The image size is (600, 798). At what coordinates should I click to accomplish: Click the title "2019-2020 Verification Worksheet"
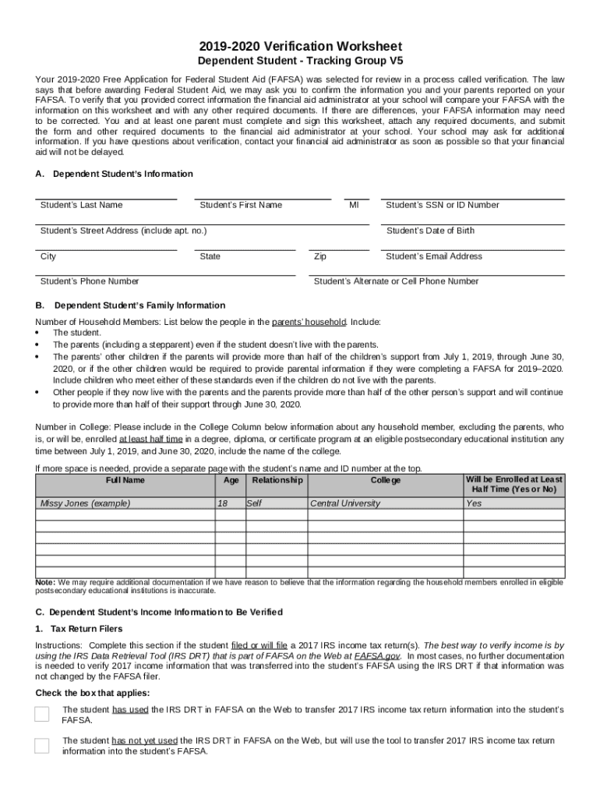click(x=300, y=46)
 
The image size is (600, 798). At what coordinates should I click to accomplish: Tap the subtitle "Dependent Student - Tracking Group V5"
click(x=300, y=61)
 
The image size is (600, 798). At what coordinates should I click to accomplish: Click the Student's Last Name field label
click(x=81, y=205)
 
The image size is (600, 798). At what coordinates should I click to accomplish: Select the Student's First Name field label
click(x=241, y=205)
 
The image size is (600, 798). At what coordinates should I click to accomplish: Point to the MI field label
click(x=354, y=205)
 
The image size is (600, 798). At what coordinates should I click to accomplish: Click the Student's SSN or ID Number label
click(x=443, y=205)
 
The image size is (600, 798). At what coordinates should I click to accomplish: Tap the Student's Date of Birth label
click(x=430, y=231)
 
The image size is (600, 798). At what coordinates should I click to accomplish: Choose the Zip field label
click(x=320, y=256)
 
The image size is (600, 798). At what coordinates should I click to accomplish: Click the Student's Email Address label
click(x=434, y=256)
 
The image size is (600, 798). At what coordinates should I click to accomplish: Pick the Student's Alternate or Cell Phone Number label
click(x=396, y=281)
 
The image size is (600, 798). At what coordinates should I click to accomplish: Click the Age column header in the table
click(x=231, y=481)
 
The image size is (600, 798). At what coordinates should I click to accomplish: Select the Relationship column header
click(x=277, y=481)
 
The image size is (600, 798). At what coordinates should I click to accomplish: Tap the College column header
click(x=385, y=481)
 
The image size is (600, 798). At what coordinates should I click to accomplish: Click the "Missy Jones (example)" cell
click(x=85, y=503)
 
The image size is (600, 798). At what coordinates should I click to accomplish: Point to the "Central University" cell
click(x=345, y=503)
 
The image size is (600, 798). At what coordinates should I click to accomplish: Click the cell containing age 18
click(x=223, y=503)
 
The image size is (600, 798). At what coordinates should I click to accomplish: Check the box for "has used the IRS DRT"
click(x=42, y=715)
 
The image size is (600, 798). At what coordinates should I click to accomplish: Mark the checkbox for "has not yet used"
click(x=42, y=746)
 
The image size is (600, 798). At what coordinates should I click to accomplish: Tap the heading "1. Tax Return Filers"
click(x=79, y=629)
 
